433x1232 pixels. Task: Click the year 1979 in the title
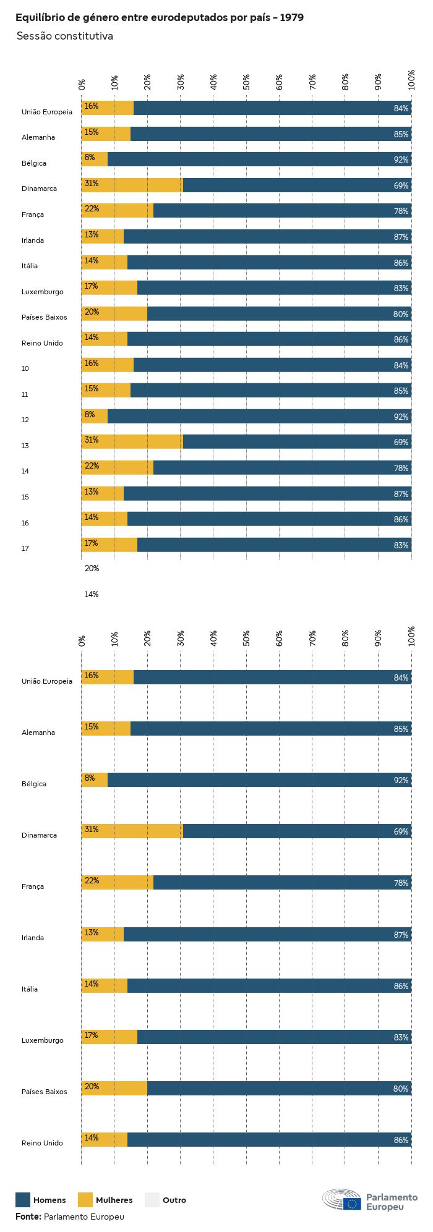[291, 18]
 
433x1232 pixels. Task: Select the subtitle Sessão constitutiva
[65, 36]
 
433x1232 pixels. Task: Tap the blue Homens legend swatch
[23, 1200]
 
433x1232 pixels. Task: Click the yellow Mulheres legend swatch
[85, 1200]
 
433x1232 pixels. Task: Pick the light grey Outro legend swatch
[152, 1200]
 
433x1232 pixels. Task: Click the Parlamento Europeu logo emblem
[341, 1200]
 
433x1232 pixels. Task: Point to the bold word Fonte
[28, 1217]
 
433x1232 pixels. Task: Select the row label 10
[25, 368]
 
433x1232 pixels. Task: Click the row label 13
[25, 446]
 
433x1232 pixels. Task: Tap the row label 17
[25, 548]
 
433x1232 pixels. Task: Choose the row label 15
[25, 497]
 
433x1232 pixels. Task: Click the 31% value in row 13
[92, 440]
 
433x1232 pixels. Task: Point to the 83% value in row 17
[401, 545]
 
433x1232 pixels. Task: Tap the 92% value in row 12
[401, 417]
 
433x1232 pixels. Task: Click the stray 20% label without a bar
[92, 568]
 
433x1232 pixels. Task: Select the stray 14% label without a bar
[92, 594]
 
